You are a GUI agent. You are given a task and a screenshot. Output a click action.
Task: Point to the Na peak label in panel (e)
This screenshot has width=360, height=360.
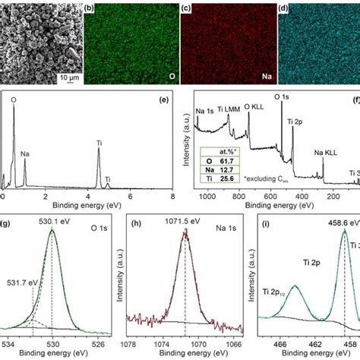(x=26, y=153)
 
